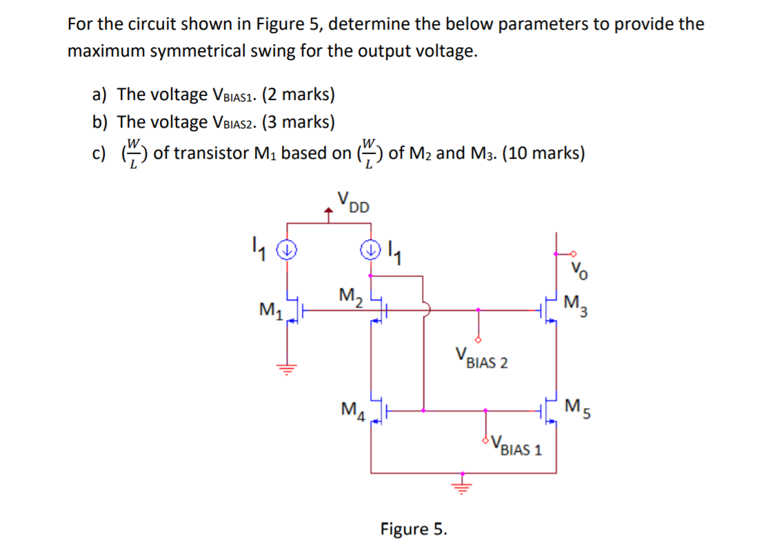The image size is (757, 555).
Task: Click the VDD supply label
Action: (353, 201)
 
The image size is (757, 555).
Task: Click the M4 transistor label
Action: (352, 409)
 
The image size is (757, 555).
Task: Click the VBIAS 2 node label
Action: (481, 360)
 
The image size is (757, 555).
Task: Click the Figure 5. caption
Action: (414, 529)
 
